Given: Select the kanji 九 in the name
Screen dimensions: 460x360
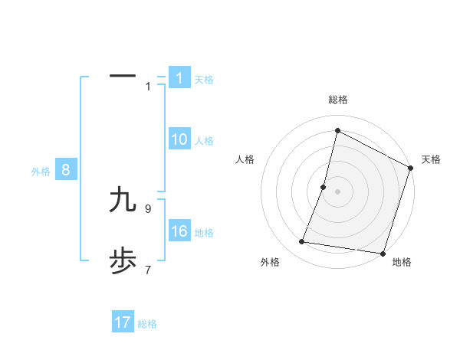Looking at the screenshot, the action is point(123,200).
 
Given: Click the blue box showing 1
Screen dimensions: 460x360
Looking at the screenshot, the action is point(179,78).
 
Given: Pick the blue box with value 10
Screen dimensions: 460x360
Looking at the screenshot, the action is point(179,139).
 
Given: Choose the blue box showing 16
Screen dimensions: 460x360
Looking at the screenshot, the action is point(179,231).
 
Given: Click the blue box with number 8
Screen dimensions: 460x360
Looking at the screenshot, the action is point(66,170).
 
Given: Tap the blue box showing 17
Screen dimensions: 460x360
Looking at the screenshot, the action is point(123,322).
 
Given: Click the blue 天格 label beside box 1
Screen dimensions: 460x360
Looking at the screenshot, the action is point(204,79).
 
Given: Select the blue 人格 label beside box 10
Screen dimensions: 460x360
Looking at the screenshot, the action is point(204,140).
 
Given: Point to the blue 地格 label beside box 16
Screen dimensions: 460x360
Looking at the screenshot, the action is point(204,232).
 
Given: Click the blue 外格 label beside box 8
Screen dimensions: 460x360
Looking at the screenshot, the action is point(41,172).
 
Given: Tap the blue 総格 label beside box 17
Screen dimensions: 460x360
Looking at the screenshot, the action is point(147,324).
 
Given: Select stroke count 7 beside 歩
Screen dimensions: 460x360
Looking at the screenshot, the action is point(148,270).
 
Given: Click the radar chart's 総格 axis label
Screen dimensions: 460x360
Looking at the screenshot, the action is point(337,100).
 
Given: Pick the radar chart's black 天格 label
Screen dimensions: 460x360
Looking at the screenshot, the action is point(431,159).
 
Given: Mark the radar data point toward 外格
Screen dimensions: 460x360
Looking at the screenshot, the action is point(302,242).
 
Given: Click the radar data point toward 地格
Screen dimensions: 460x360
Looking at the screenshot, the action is point(383,253).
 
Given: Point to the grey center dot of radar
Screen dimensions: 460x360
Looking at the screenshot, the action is point(337,191).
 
